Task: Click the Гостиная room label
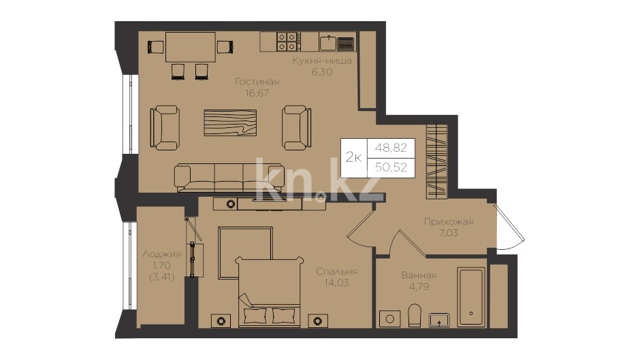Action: pos(257,82)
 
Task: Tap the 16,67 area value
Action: pos(257,93)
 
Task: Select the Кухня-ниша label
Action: pos(321,61)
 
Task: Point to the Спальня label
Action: pos(337,272)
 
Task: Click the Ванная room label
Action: pos(419,275)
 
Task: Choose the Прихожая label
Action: pos(449,222)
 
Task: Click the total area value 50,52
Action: pos(391,167)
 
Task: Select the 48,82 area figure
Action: pos(391,148)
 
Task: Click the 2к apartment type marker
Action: pos(353,157)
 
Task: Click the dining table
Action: pos(191,47)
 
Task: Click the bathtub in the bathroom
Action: pos(471,297)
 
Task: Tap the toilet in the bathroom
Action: pos(414,315)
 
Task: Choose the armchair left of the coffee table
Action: pos(165,128)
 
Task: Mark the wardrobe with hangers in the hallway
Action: pos(436,162)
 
